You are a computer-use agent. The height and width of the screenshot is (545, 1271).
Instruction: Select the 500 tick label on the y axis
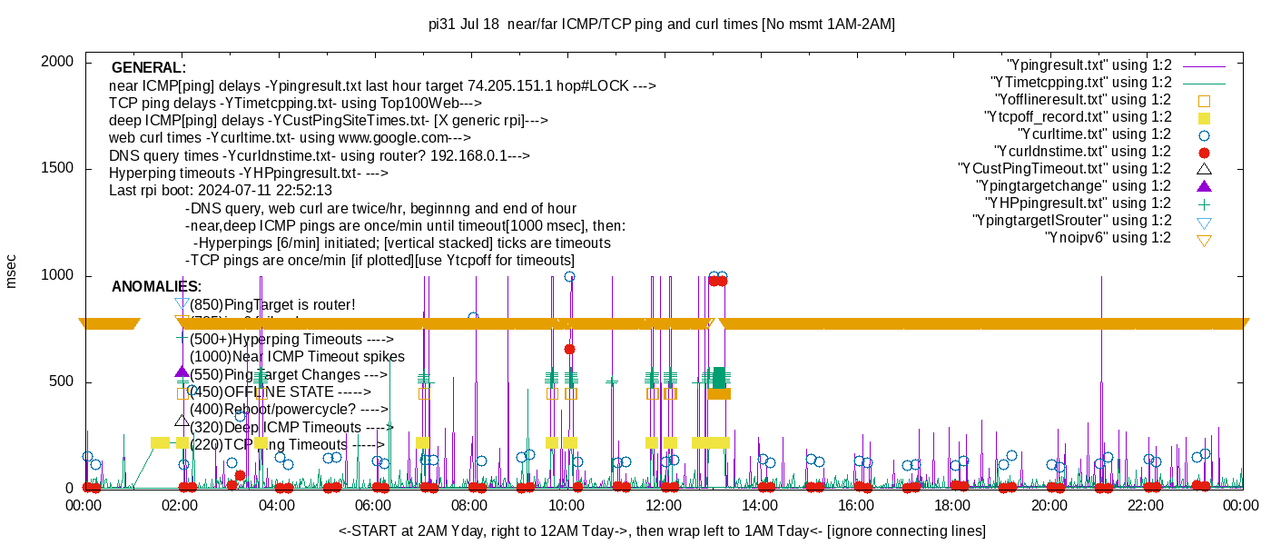pos(61,382)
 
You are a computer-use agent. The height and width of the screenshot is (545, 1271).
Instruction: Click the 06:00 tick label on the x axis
pos(373,506)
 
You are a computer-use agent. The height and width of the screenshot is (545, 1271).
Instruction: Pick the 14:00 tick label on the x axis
pos(759,506)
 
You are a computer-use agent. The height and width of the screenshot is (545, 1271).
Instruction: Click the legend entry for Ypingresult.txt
pos(1089,65)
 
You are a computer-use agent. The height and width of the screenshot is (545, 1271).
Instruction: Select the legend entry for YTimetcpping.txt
pos(1080,83)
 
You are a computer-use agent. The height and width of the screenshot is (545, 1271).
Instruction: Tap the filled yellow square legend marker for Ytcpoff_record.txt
pos(1205,117)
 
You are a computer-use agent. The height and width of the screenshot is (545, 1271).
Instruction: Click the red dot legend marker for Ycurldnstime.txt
pos(1205,152)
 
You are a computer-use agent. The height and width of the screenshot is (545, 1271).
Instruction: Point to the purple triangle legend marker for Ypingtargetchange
pos(1205,186)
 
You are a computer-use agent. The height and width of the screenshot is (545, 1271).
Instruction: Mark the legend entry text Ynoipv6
pos(1108,238)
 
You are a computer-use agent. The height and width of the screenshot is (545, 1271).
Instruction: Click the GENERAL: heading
pos(149,68)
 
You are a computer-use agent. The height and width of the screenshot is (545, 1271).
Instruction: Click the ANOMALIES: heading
pos(156,287)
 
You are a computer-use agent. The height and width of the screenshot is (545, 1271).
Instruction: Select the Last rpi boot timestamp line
pos(221,191)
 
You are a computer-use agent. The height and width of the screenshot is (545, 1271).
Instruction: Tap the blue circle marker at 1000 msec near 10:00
pos(569,276)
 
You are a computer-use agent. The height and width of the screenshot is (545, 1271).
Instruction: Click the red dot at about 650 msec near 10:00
pos(569,349)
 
